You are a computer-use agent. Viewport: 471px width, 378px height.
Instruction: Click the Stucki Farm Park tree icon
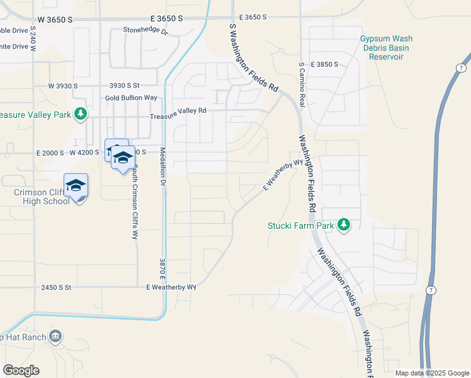coord(344,225)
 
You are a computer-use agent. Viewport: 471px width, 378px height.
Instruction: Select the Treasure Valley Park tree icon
coord(80,114)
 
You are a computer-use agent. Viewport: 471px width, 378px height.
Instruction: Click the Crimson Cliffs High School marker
coord(76,186)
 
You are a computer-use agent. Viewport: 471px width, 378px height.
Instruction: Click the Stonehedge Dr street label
coord(146,30)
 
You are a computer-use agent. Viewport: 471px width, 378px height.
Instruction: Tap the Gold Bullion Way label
coord(131,98)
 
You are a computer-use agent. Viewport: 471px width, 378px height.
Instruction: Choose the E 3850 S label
coord(324,64)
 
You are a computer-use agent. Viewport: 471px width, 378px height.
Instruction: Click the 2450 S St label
coord(57,287)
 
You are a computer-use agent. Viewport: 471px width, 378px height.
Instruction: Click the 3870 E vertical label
coord(162,270)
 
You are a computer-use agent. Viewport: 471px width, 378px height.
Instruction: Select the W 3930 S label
coord(63,86)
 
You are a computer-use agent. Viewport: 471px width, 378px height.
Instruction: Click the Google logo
coord(21,370)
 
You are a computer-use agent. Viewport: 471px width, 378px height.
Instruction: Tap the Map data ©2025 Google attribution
coord(432,373)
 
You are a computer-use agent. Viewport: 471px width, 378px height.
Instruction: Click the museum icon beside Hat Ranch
coord(56,336)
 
